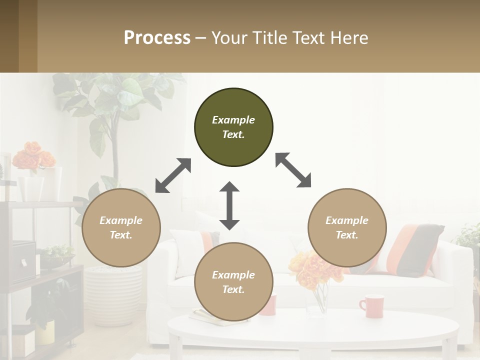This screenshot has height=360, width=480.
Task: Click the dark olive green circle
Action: tap(233, 127)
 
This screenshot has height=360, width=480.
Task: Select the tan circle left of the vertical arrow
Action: tap(121, 227)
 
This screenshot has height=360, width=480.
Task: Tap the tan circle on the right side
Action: tap(347, 227)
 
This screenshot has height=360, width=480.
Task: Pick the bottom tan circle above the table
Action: tap(233, 282)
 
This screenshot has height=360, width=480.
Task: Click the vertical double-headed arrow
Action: tap(229, 205)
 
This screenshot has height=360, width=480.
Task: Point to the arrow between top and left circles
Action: tap(173, 175)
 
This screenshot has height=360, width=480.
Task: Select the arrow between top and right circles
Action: tap(293, 170)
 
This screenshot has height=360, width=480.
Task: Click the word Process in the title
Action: tap(157, 37)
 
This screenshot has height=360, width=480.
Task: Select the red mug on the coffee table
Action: tap(371, 306)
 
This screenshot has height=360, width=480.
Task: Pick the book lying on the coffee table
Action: tap(210, 316)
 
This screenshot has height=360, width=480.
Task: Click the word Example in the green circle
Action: tap(233, 120)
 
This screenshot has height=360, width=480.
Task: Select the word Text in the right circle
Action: tap(347, 235)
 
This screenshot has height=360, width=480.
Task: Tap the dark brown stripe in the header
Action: tap(9, 36)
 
